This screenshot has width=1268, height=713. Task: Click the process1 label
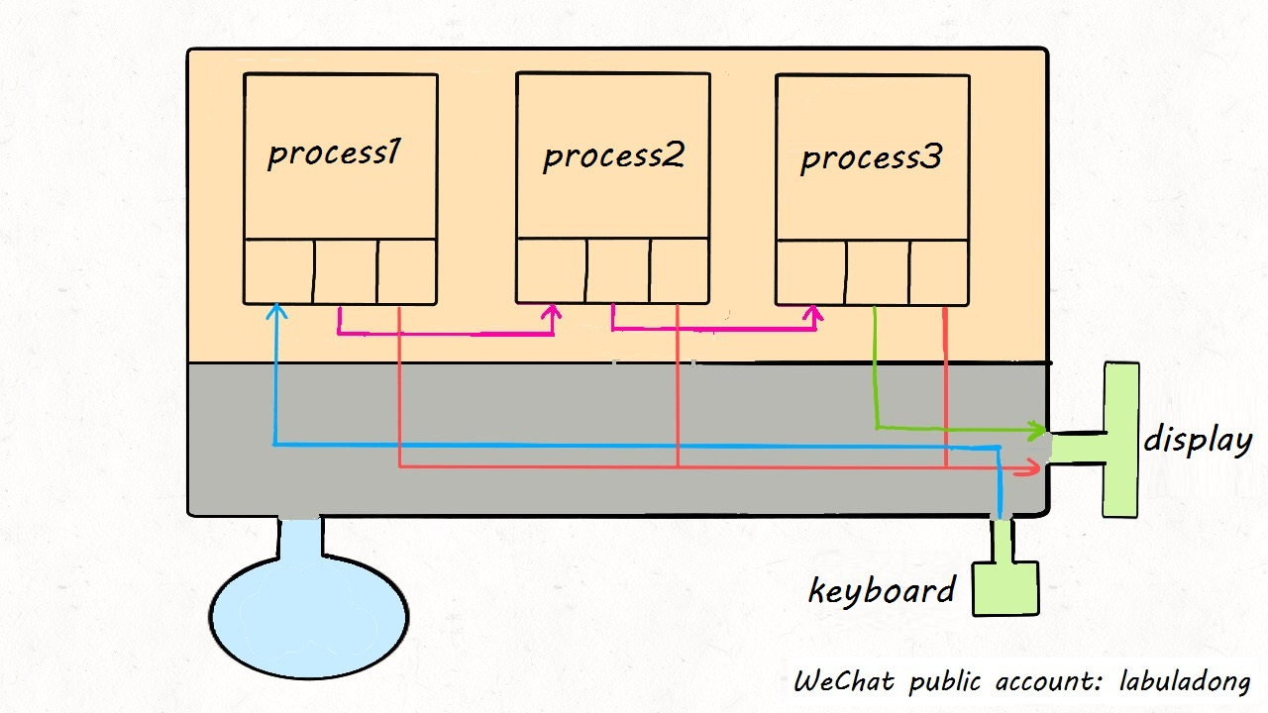click(334, 153)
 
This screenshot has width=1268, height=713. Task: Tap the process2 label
click(613, 156)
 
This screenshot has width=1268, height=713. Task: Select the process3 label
click(871, 158)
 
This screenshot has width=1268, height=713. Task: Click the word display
click(1198, 440)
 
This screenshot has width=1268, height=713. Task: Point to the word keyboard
click(882, 591)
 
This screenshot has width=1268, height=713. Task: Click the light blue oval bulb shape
click(308, 616)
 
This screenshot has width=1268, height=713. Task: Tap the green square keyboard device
click(1005, 588)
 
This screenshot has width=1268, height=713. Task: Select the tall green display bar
click(1121, 439)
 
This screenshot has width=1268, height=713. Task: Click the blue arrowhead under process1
click(276, 311)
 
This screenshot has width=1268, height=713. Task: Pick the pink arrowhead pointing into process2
click(552, 313)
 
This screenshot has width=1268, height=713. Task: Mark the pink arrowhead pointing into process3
click(814, 314)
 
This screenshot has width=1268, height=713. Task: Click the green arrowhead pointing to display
click(1038, 431)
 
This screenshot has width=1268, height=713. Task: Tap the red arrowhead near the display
click(1033, 468)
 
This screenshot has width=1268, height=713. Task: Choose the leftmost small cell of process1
click(278, 271)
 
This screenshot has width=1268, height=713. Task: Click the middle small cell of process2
click(617, 270)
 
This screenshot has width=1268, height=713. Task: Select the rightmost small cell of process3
click(939, 272)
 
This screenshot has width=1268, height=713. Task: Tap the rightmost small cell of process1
click(407, 271)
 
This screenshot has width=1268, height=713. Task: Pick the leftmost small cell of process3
click(810, 272)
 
